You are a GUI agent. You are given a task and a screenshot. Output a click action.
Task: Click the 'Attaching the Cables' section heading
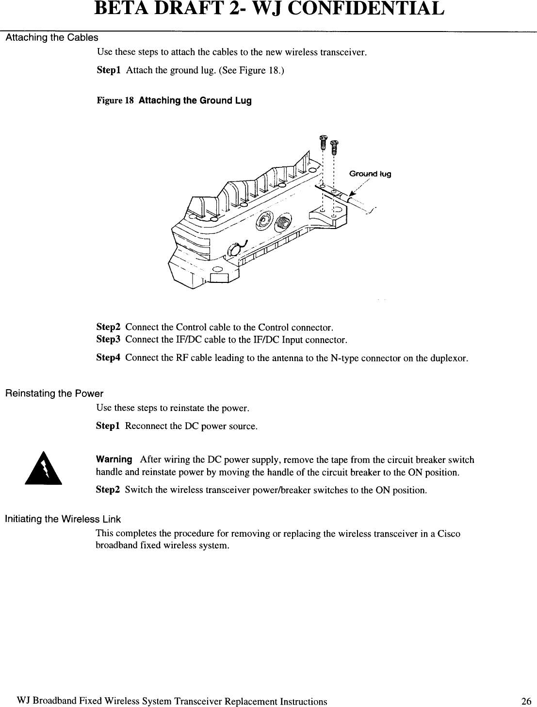click(x=51, y=38)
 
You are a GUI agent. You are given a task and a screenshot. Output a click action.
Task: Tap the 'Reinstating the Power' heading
click(x=54, y=394)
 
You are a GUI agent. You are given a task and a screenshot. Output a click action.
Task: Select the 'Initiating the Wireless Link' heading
click(x=63, y=519)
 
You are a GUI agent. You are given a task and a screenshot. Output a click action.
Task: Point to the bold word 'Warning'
click(x=114, y=459)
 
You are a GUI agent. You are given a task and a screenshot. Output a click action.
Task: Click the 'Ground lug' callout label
click(x=370, y=174)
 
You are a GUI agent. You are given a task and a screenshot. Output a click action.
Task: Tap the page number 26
click(x=526, y=701)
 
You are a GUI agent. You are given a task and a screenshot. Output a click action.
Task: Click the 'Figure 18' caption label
click(x=115, y=101)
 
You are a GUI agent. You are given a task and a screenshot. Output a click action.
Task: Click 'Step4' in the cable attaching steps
click(x=108, y=358)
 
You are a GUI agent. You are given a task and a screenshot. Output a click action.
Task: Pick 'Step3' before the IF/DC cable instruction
click(x=108, y=340)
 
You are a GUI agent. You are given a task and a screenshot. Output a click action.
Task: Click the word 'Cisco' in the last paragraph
click(x=449, y=534)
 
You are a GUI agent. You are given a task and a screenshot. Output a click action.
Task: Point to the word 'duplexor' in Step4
click(x=450, y=359)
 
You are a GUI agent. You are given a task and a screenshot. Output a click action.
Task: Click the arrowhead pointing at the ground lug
click(x=352, y=195)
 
